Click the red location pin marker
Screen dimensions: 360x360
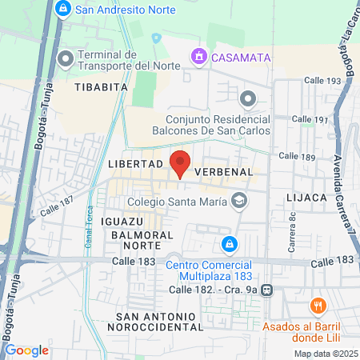click(180, 162)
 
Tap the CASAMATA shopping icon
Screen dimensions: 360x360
click(198, 57)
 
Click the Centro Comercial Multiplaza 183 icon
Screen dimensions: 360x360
click(230, 243)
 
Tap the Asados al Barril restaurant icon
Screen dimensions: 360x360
click(318, 306)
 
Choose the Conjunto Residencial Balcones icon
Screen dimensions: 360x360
click(248, 99)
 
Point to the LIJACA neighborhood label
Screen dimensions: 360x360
click(305, 197)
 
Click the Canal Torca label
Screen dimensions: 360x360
click(90, 232)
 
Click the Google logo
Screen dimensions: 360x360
click(26, 350)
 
